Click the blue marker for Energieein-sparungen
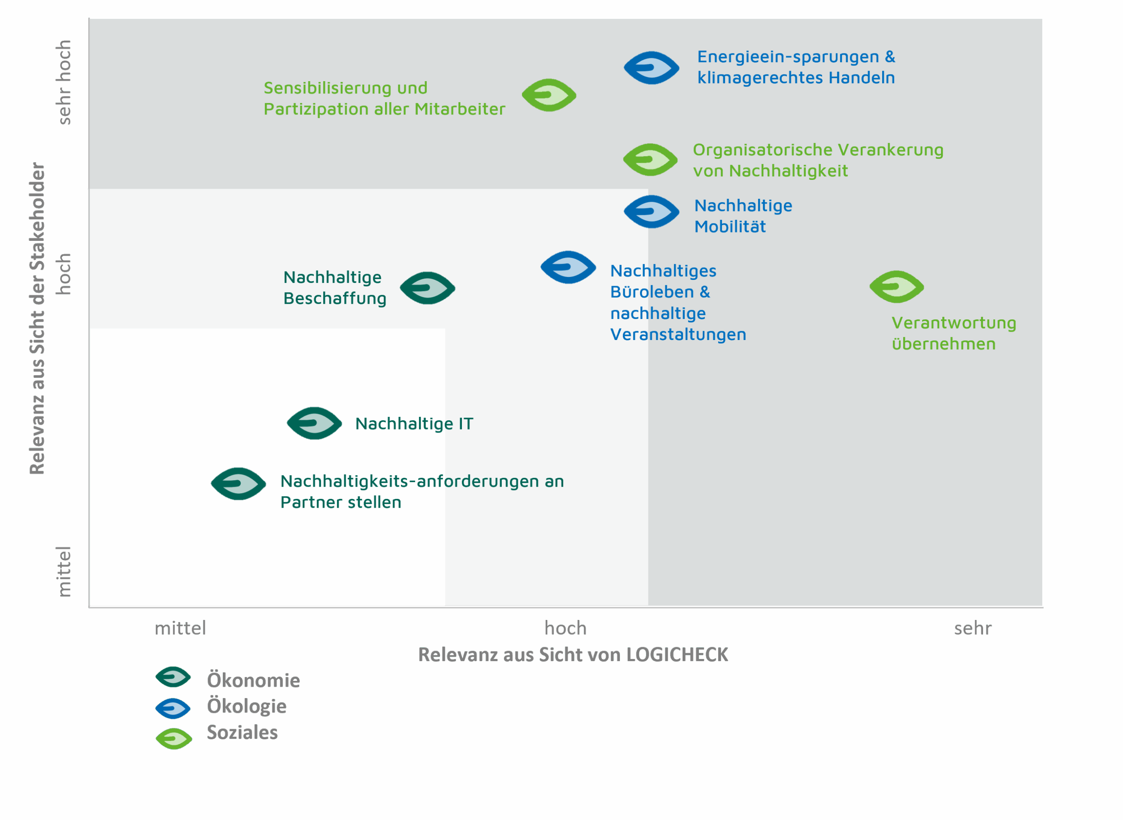(651, 68)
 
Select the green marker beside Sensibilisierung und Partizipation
(549, 95)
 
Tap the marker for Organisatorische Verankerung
(650, 160)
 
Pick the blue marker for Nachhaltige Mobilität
(651, 212)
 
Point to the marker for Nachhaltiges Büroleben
(568, 268)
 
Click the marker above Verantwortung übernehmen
(896, 287)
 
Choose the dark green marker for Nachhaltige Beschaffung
(427, 288)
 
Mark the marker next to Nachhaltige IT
(314, 423)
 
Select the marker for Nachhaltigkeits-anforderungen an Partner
(238, 484)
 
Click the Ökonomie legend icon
(173, 677)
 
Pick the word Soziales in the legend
(242, 733)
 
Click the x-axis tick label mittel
(180, 628)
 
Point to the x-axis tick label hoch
(565, 628)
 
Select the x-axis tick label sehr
(973, 629)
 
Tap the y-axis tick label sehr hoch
(64, 82)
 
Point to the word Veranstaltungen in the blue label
(678, 335)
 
